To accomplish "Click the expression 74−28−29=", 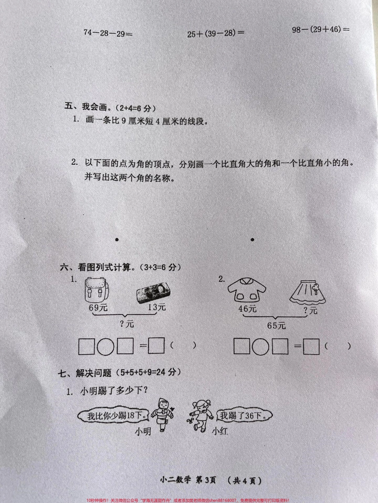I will (108, 33).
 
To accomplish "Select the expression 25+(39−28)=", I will (216, 34).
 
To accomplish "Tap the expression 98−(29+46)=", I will (321, 29).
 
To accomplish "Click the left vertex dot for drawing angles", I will (117, 239).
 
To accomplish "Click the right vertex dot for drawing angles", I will (253, 239).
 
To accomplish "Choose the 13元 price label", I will (156, 307).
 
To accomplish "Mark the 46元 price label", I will (248, 308).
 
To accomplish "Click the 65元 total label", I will (277, 326).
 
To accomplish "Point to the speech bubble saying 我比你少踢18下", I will (113, 416).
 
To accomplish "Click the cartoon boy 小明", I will (162, 414).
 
